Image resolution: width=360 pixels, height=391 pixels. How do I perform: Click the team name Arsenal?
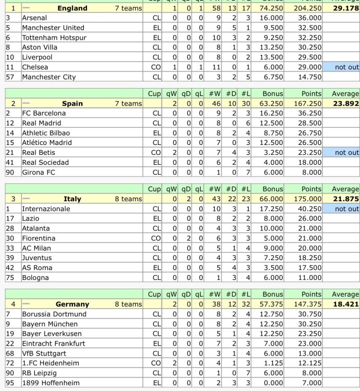click(34, 18)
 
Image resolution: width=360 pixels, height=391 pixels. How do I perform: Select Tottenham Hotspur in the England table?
click(54, 38)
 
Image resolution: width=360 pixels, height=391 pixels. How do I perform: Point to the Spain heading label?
click(72, 103)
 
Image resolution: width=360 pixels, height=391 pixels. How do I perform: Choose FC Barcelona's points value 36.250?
click(309, 113)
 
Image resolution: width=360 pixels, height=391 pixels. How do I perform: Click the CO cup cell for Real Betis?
click(156, 152)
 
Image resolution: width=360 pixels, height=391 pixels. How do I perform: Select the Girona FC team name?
click(38, 172)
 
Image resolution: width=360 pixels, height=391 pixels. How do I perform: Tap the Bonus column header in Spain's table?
click(273, 94)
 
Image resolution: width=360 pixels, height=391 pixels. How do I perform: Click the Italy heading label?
click(72, 199)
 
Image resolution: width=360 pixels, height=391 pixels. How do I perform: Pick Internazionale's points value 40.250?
click(309, 209)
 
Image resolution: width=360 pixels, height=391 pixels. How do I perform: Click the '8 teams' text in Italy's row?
click(128, 199)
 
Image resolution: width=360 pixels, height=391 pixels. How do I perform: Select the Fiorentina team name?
click(39, 238)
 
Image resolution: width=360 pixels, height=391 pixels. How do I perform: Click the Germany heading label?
click(72, 304)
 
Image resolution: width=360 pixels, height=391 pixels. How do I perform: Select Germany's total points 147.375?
click(307, 304)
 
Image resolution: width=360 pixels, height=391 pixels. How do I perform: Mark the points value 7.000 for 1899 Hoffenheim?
click(312, 383)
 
